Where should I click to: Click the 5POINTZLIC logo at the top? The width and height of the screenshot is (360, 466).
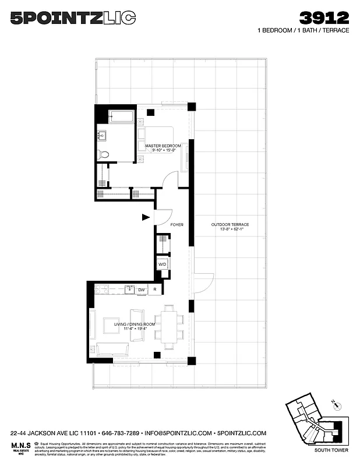click(73, 19)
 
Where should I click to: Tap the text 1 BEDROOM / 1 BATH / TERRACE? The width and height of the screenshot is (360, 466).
click(303, 30)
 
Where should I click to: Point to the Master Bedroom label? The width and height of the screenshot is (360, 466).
click(163, 146)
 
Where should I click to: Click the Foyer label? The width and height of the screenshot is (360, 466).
click(177, 224)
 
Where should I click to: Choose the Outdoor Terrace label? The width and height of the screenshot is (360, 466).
click(230, 225)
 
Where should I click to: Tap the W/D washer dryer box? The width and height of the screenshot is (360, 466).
click(163, 264)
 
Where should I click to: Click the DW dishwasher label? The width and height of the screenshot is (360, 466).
click(142, 290)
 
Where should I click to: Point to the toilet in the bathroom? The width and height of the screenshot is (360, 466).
click(103, 154)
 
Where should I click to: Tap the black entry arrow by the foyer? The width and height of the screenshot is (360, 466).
click(146, 218)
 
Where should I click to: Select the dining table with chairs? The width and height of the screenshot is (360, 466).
click(169, 327)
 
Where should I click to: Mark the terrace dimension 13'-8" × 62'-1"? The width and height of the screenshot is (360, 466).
click(230, 231)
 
